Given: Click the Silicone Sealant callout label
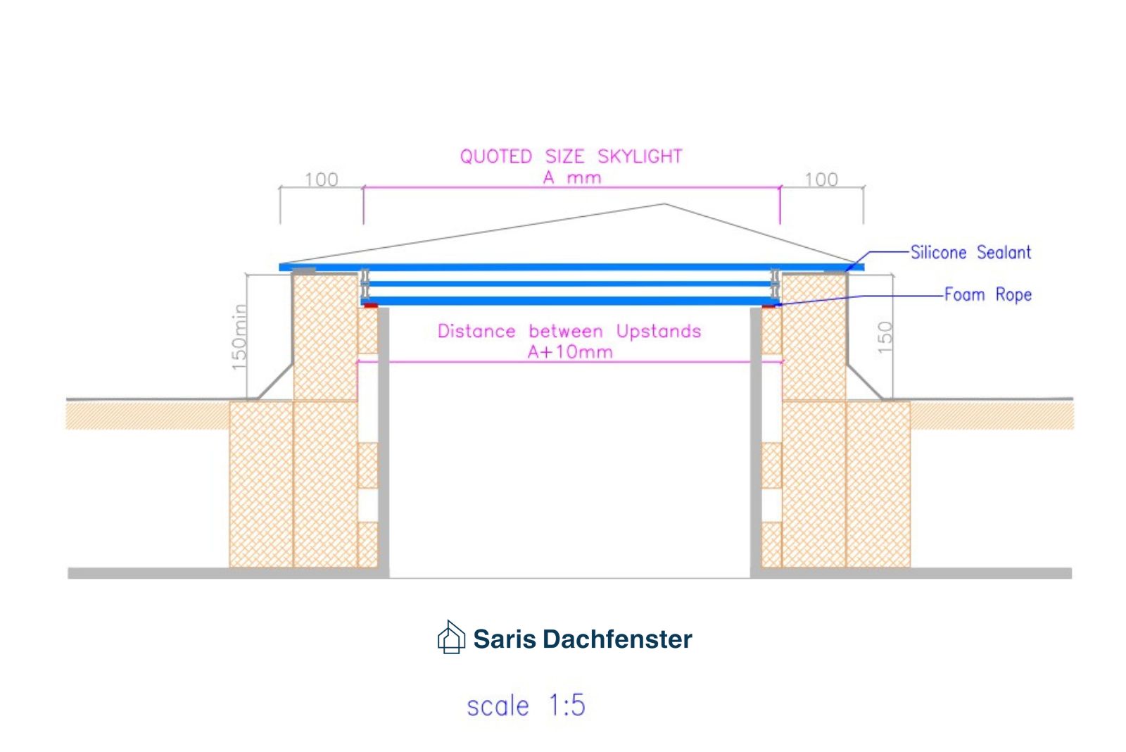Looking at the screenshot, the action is pyautogui.click(x=970, y=252).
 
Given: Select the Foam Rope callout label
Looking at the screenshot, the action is pyautogui.click(x=988, y=294).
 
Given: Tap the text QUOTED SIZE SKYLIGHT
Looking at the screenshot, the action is pyautogui.click(x=571, y=156).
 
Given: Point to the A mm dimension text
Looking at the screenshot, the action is pyautogui.click(x=572, y=177).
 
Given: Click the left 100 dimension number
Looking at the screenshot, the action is pyautogui.click(x=321, y=180).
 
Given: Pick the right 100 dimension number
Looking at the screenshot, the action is pyautogui.click(x=821, y=180).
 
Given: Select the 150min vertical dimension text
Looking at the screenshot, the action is pyautogui.click(x=240, y=337).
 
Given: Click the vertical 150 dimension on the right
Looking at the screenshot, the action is pyautogui.click(x=885, y=337).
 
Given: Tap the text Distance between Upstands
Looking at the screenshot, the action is pyautogui.click(x=569, y=331).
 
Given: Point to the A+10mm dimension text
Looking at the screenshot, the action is pyautogui.click(x=570, y=351).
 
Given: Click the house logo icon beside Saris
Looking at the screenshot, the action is pyautogui.click(x=451, y=637).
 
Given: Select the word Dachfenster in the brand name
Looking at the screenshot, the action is pyautogui.click(x=617, y=639).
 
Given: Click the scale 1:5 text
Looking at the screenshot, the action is pyautogui.click(x=526, y=705).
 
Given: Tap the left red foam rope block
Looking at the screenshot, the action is pyautogui.click(x=371, y=306).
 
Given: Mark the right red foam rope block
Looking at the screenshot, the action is pyautogui.click(x=768, y=306).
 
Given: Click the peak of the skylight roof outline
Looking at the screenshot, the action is pyautogui.click(x=664, y=203).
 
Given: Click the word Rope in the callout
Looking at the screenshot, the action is pyautogui.click(x=1013, y=295).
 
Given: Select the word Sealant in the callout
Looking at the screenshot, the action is pyautogui.click(x=1004, y=252).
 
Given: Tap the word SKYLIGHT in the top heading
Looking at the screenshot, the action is pyautogui.click(x=640, y=156).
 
